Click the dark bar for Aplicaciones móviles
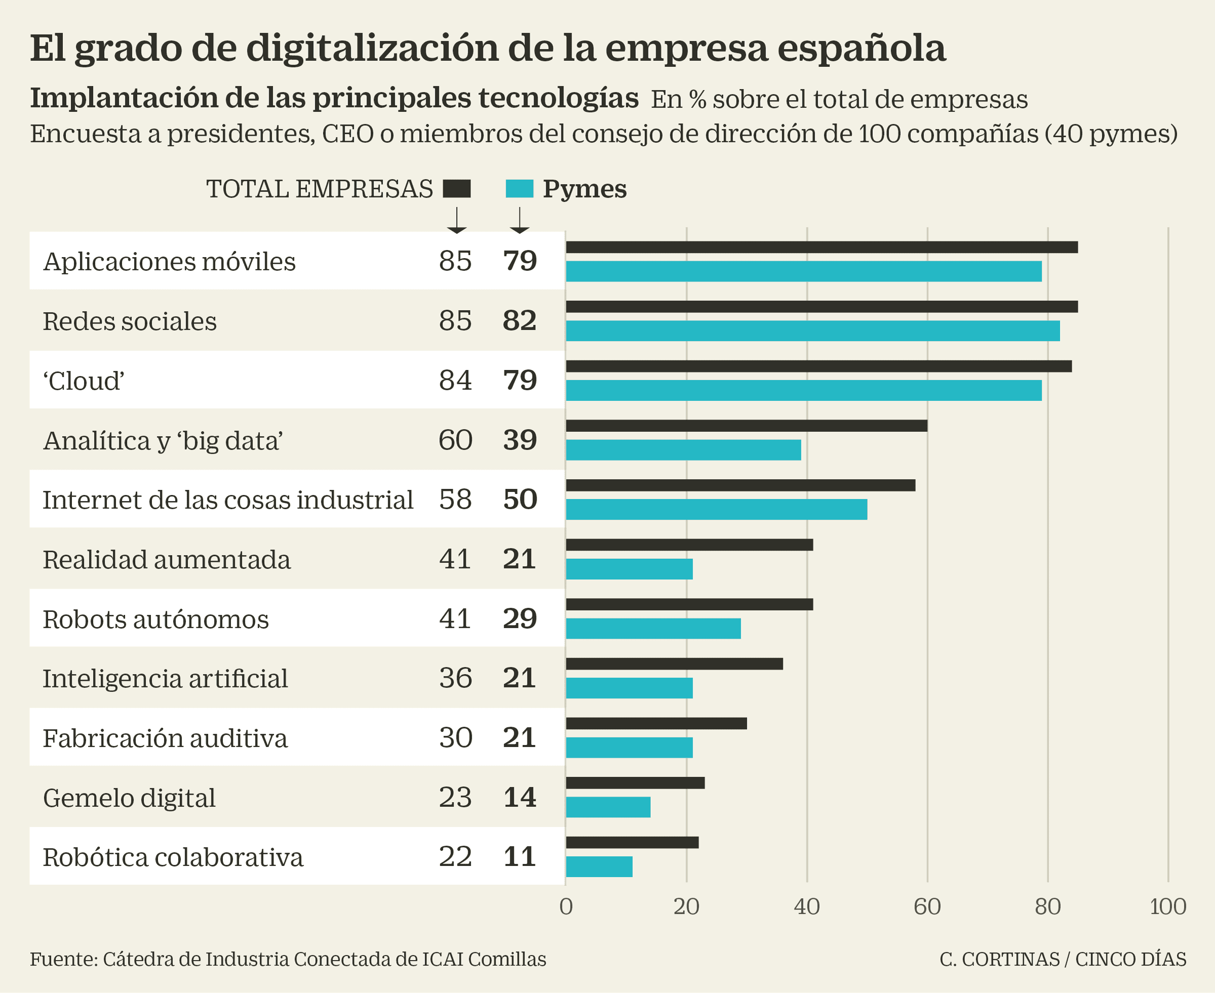(822, 247)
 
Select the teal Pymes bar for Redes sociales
(813, 330)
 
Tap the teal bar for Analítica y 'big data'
(683, 449)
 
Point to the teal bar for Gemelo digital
(608, 807)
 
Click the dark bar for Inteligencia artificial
(674, 664)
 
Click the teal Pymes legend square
(519, 189)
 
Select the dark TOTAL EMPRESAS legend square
(457, 189)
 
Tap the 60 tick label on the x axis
(927, 906)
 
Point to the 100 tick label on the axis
(1167, 906)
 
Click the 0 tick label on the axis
(566, 906)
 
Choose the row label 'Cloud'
(84, 381)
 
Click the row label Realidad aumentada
(167, 559)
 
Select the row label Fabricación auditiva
(165, 738)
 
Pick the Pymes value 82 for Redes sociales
(519, 321)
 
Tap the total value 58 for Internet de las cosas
(455, 500)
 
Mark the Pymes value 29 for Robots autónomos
(519, 618)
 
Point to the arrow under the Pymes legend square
(519, 220)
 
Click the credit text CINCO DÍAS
(1130, 959)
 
